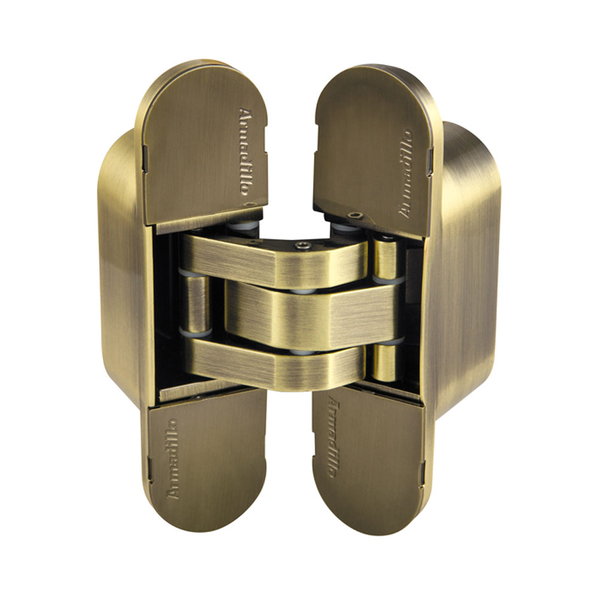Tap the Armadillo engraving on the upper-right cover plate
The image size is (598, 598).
coord(405,174)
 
